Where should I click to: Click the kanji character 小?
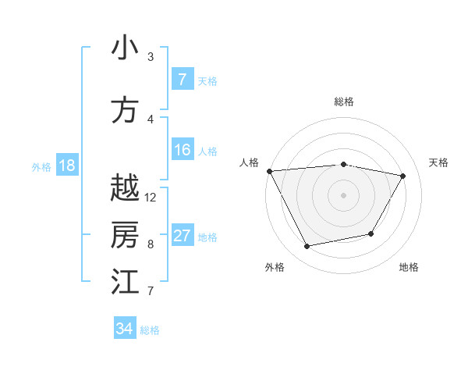[x=125, y=48]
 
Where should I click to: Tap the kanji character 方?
[x=125, y=110]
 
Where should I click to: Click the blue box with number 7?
[x=182, y=80]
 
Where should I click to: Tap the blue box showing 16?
[x=182, y=150]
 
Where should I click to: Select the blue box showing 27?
[x=182, y=236]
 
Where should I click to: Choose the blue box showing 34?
[x=124, y=329]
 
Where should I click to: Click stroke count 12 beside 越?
[x=151, y=198]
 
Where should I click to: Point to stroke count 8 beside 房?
[x=151, y=244]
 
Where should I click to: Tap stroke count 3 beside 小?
[x=151, y=57]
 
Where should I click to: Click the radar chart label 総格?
[x=343, y=102]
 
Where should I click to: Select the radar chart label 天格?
[x=438, y=162]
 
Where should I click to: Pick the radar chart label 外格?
[x=275, y=267]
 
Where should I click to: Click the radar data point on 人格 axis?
[x=269, y=170]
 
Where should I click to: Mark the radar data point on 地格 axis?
[x=371, y=233]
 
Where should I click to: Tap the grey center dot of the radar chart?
[x=343, y=194]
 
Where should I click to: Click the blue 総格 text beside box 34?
[x=150, y=330]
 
